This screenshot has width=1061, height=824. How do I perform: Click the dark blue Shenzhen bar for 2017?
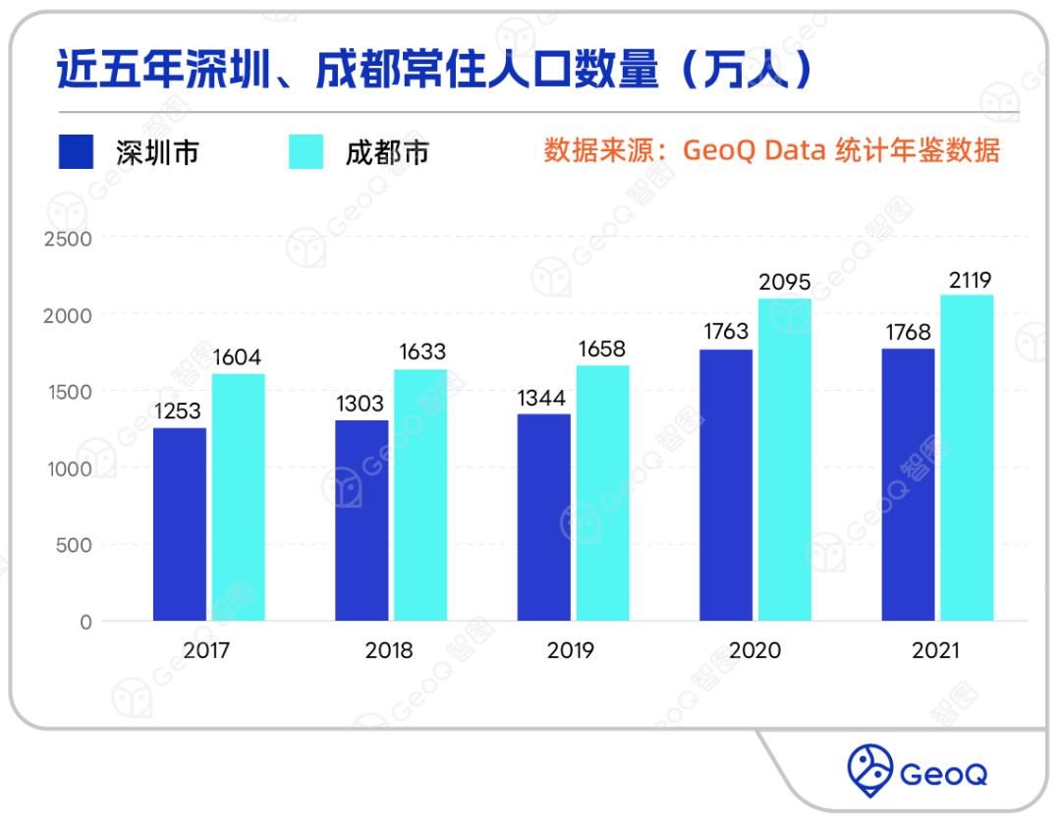point(180,524)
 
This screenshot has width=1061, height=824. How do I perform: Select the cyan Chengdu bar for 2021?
point(966,458)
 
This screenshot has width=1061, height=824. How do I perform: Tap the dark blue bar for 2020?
point(726,485)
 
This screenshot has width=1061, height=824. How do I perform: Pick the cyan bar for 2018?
point(419,495)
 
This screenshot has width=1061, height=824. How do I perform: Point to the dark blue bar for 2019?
point(543,518)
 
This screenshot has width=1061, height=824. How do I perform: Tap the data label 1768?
point(907,333)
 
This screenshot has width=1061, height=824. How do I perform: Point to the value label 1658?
point(601,350)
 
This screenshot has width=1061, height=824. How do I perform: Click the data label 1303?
point(361,405)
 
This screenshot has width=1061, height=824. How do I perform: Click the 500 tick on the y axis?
point(74,545)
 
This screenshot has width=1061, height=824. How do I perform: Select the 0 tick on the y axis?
point(85,622)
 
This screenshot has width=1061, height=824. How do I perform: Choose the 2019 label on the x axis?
point(572,651)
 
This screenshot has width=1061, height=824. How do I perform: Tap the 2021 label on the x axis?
point(936,651)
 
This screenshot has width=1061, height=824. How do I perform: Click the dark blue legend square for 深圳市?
point(76,152)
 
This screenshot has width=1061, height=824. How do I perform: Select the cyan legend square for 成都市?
point(306,152)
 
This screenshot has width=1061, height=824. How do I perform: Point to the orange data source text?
point(771,151)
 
